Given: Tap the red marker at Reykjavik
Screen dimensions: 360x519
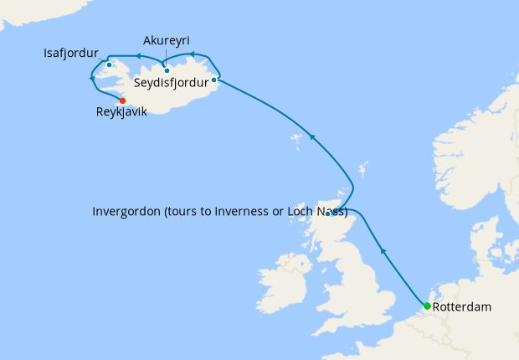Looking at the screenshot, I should [x=122, y=100].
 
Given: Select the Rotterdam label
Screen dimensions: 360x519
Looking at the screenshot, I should [x=462, y=307].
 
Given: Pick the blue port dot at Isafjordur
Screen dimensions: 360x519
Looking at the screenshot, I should [x=110, y=65].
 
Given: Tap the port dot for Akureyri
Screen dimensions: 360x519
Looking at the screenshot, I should [x=167, y=70].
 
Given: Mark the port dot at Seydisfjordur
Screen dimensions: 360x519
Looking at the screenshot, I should [x=215, y=80].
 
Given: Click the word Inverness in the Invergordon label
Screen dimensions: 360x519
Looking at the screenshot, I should [x=252, y=211].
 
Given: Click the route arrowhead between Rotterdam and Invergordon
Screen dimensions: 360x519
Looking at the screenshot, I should [x=383, y=249].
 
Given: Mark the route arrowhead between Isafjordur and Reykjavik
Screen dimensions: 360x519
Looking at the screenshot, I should [x=91, y=78].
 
